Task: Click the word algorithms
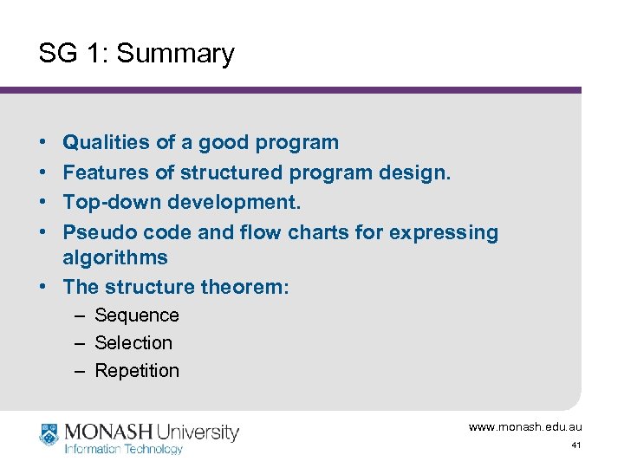click(115, 257)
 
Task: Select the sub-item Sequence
click(136, 315)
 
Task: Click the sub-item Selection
click(133, 343)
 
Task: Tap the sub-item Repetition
click(137, 371)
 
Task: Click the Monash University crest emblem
click(49, 434)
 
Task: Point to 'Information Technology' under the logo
click(123, 449)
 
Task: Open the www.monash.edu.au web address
click(524, 427)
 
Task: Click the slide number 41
click(575, 445)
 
